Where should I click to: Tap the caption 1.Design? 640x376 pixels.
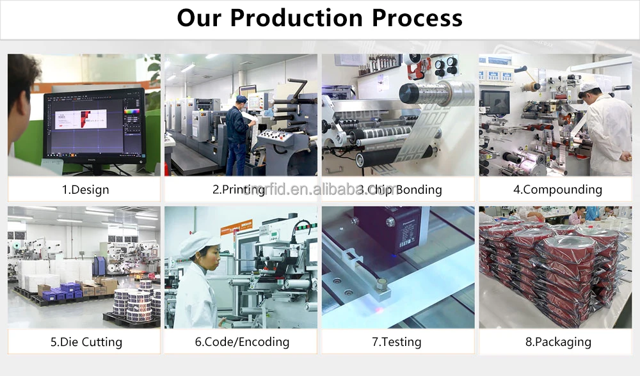(x=85, y=190)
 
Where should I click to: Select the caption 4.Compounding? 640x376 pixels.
(x=557, y=190)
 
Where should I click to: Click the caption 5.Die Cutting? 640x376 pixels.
(x=86, y=342)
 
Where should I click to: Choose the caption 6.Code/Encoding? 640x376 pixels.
(x=242, y=342)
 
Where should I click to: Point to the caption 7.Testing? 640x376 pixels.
(x=397, y=342)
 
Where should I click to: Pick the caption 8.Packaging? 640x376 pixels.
(x=558, y=342)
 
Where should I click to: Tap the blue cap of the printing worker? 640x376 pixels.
(x=241, y=98)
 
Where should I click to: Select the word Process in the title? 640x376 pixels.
(x=417, y=18)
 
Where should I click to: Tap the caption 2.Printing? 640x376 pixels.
(x=239, y=190)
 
